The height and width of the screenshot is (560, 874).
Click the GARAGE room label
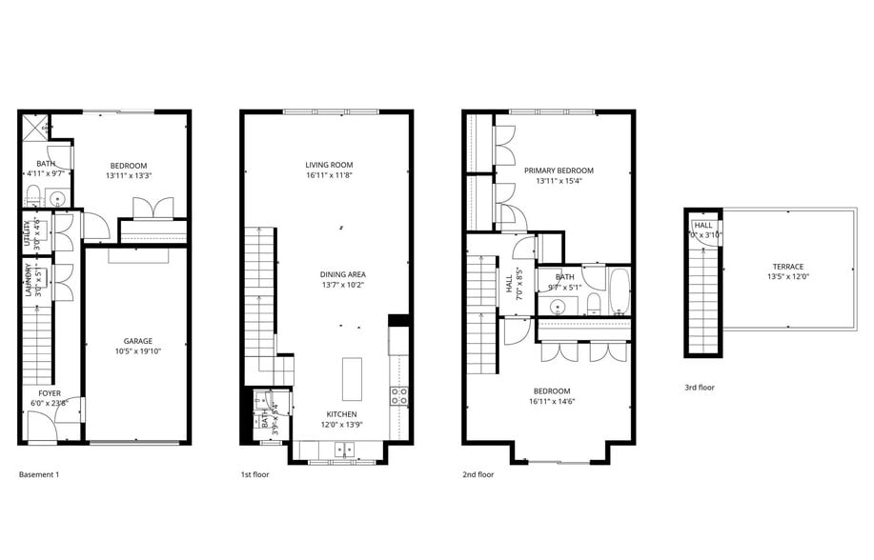tap(138, 340)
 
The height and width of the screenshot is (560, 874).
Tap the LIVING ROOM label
tap(329, 165)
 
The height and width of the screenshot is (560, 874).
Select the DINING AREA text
tap(342, 273)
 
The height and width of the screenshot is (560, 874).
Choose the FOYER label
tap(50, 392)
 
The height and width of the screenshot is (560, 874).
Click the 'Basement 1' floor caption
tap(39, 473)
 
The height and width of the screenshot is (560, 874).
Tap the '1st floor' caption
tap(255, 473)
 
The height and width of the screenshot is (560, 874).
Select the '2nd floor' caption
tap(478, 473)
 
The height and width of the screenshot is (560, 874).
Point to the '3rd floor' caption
tap(700, 388)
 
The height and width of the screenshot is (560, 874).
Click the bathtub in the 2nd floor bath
tap(619, 291)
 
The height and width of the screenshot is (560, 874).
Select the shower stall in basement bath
tap(36, 127)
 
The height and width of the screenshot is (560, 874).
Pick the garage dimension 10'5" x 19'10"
tap(138, 351)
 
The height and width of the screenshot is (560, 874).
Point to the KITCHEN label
tap(342, 414)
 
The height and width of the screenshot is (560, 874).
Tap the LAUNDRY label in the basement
tap(29, 281)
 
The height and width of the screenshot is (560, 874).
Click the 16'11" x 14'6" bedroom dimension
tap(552, 402)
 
